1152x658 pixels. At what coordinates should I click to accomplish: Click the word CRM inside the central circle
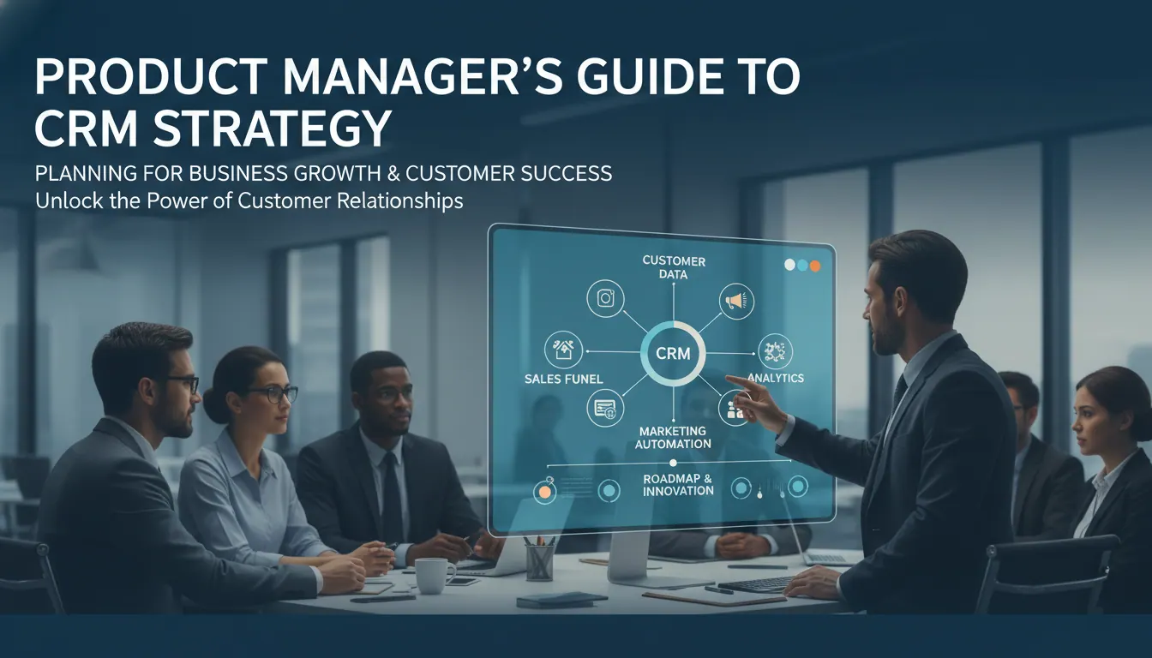(x=673, y=353)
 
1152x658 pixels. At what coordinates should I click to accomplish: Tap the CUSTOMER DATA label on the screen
(x=674, y=267)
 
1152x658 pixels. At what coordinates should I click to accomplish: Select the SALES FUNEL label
(x=564, y=380)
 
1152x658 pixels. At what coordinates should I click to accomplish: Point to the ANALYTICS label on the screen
(x=776, y=378)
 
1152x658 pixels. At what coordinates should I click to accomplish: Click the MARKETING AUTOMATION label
(x=673, y=437)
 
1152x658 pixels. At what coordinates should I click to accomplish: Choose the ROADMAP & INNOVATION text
(x=678, y=485)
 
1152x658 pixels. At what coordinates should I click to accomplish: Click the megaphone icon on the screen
(x=736, y=302)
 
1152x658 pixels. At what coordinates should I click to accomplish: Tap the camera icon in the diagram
(x=605, y=298)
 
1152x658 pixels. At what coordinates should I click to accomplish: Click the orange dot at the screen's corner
(x=814, y=266)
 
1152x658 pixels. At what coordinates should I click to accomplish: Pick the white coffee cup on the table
(x=435, y=575)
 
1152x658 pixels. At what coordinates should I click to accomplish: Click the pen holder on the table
(x=539, y=562)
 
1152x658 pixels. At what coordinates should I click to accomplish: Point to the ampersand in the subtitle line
(x=392, y=173)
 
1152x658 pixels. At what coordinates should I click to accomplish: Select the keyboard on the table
(x=759, y=584)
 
